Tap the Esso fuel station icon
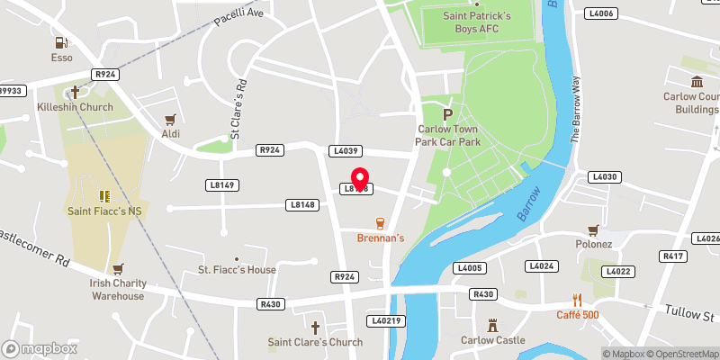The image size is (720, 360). coord(61,41)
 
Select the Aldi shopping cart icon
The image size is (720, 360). coord(170,119)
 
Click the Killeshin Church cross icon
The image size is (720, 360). coord(75,91)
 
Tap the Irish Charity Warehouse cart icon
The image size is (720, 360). coord(117,268)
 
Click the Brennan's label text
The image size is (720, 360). coord(381,238)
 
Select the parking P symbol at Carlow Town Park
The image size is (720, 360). coord(447,114)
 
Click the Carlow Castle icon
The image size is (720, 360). coord(492,324)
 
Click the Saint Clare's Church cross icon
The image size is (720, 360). coord(315,327)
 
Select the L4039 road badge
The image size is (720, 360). coord(346,150)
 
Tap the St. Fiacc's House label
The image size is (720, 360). coord(238,270)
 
